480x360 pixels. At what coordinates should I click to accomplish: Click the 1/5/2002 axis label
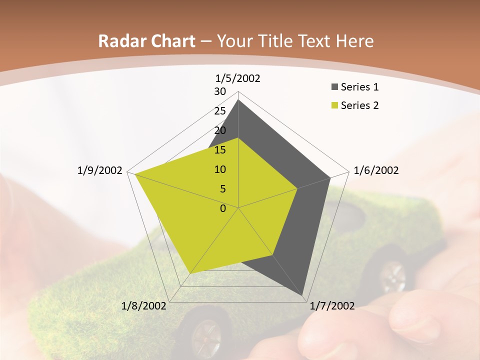coord(238,78)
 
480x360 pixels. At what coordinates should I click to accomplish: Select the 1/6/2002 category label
coord(376,170)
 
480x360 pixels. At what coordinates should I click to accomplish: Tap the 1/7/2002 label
coord(332,306)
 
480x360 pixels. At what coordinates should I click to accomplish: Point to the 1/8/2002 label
coord(144,306)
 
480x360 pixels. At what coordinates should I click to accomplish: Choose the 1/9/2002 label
coord(100,170)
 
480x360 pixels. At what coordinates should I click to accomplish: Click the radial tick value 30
coord(220,91)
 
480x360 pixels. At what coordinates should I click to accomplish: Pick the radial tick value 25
coord(220,111)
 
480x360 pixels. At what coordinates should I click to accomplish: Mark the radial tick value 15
coord(220,150)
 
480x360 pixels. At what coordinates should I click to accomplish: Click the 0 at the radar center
coord(223,208)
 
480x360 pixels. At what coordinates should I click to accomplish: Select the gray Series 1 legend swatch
coord(334,87)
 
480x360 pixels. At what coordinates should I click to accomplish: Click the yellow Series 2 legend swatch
coord(334,105)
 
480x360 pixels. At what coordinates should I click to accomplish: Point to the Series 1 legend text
coord(359,87)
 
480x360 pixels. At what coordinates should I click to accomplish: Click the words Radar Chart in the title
coord(146,41)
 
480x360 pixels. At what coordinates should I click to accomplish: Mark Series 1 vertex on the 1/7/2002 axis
coord(302,295)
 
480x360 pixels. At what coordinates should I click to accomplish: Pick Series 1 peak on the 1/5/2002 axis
coord(238,100)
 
